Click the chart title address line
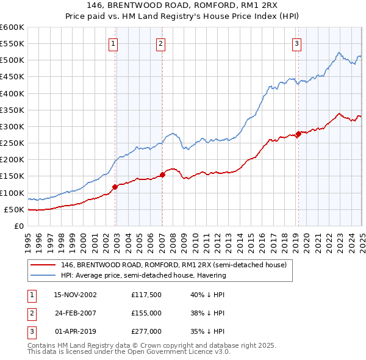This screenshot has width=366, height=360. coord(183,5)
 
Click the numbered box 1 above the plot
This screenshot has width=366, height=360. coord(114,43)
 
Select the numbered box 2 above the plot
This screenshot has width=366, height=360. coord(160,43)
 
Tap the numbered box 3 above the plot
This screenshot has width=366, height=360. coord(296,43)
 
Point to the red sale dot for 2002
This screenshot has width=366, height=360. coord(115,187)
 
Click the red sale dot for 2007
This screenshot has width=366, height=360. coord(162,175)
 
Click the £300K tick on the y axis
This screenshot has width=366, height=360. coord(13,127)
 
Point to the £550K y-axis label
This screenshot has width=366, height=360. coord(13,44)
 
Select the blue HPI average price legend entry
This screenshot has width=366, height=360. coord(143,275)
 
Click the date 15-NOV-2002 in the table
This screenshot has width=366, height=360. coord(76,295)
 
